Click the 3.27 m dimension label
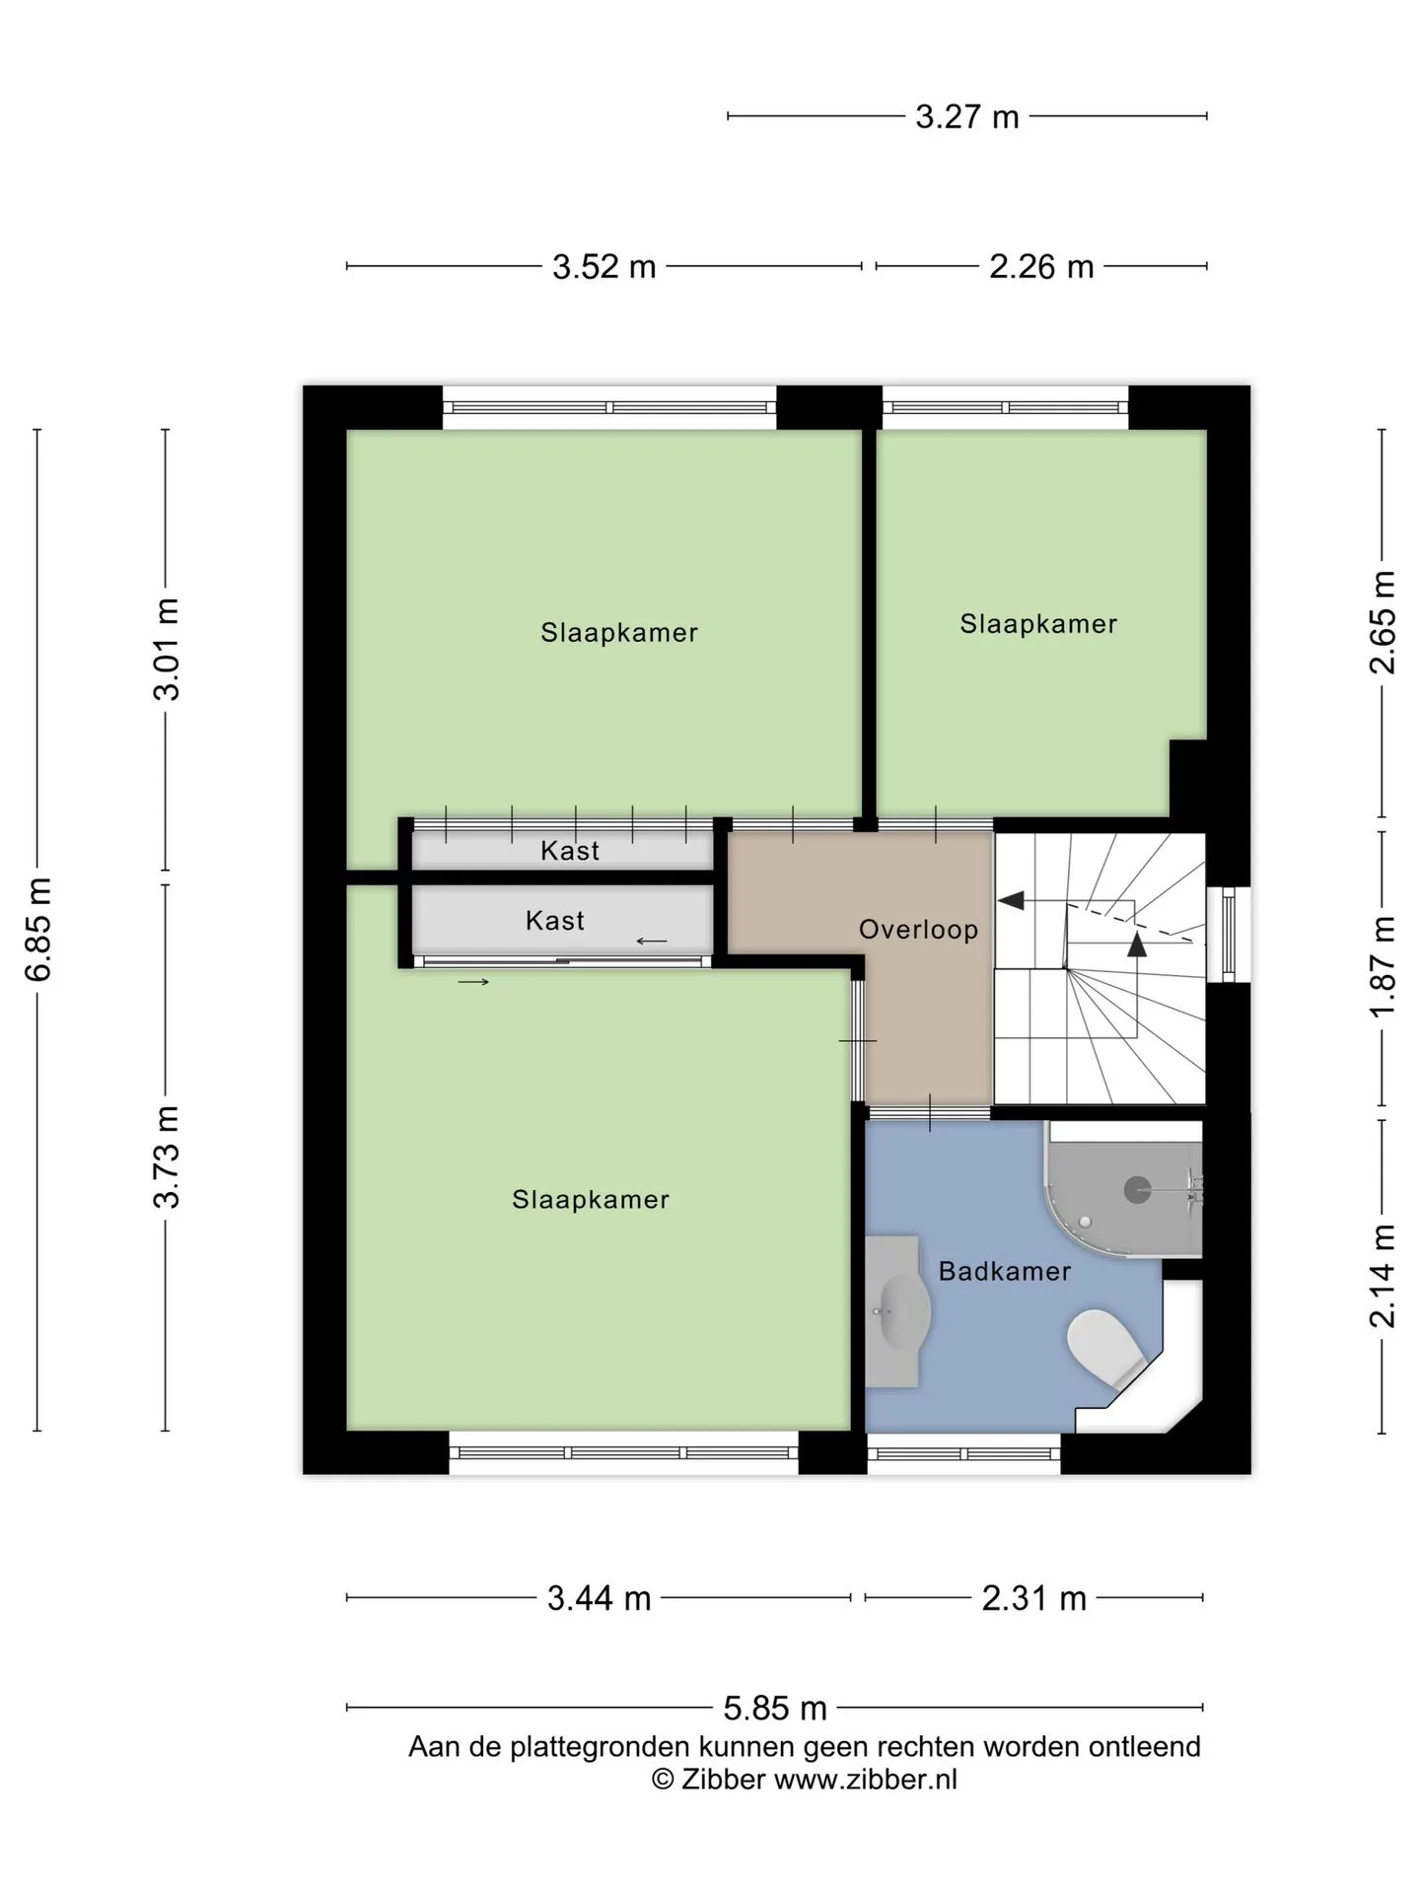966,117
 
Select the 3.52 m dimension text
603,267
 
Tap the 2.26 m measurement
1041,267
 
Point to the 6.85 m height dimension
38,929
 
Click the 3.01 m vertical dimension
167,649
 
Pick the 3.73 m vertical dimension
167,1157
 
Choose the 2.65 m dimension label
1383,622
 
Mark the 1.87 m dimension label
1383,967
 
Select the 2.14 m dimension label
1383,1276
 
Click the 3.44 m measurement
600,1598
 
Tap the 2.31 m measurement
1033,1598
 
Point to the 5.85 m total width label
775,1707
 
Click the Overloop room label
918,930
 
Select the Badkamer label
1004,1272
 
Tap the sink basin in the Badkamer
901,1311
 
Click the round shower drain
1138,1190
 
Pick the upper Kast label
570,851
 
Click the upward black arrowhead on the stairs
1137,944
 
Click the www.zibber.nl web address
865,1780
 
